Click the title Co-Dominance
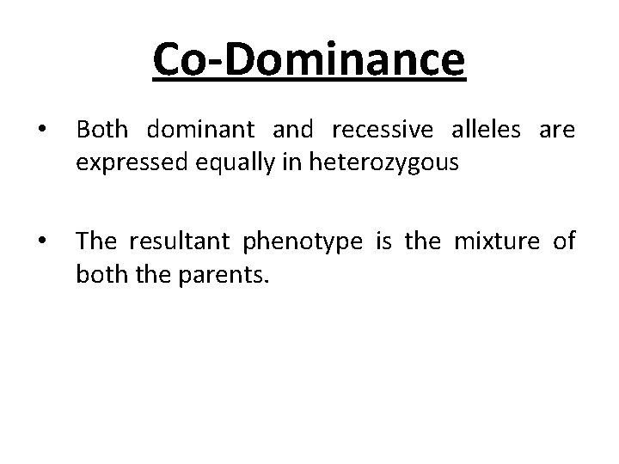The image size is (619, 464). tap(309, 59)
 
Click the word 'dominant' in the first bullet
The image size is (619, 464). tap(200, 130)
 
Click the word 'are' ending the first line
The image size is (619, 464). tap(557, 131)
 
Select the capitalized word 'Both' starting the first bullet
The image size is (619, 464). tap(101, 130)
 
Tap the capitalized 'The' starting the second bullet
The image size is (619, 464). tap(95, 241)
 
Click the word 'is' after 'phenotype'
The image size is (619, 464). tap(384, 241)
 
